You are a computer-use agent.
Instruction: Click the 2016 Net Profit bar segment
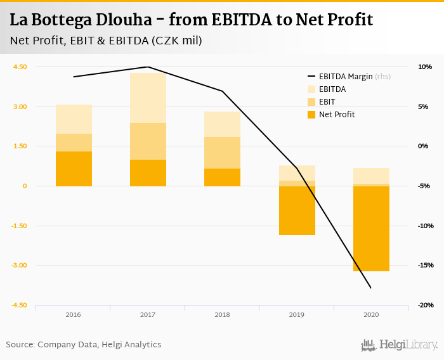point(74,169)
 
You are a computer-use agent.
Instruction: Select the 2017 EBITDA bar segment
point(148,98)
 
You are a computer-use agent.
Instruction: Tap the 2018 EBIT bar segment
point(222,153)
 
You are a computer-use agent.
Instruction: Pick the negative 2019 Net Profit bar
point(296,210)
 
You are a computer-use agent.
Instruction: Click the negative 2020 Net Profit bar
point(370,228)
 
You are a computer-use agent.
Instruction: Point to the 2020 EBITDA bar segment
point(370,176)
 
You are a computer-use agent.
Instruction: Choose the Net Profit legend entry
point(337,115)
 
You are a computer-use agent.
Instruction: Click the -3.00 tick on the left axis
point(19,266)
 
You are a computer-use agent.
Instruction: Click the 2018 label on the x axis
point(222,315)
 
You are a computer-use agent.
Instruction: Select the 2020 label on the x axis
point(370,315)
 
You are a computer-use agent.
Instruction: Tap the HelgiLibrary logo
point(400,345)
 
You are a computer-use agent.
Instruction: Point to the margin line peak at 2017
point(148,67)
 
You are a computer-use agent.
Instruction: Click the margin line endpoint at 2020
point(370,288)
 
